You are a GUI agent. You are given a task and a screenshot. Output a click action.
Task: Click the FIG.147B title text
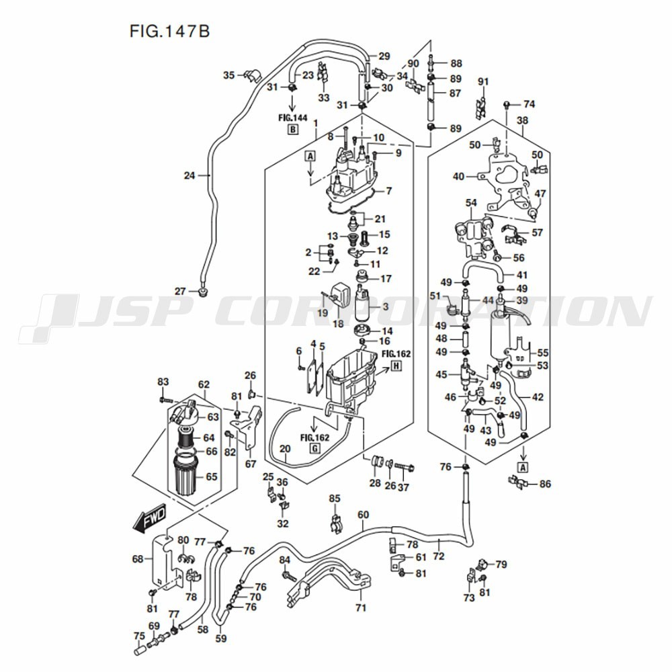click(170, 32)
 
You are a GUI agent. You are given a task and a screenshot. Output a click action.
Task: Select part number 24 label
click(190, 175)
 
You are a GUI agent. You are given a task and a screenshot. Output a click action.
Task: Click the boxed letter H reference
click(396, 366)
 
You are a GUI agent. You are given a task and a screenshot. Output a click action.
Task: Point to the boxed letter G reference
click(315, 449)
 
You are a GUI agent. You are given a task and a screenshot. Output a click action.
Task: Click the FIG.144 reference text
click(293, 118)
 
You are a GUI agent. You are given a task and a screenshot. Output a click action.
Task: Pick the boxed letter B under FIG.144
click(293, 129)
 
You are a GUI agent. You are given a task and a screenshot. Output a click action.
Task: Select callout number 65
click(212, 476)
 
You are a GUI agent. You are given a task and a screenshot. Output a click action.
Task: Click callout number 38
click(522, 120)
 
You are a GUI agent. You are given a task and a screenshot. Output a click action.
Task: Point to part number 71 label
click(362, 607)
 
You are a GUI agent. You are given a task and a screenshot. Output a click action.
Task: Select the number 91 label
click(483, 81)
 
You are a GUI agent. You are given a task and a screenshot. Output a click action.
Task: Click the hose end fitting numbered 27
click(203, 292)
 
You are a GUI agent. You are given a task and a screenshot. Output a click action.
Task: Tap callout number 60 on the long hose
click(363, 515)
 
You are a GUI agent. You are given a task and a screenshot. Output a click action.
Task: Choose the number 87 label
click(456, 93)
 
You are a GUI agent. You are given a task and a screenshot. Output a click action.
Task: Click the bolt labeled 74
click(507, 104)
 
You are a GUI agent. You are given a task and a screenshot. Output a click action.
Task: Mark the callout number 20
click(285, 449)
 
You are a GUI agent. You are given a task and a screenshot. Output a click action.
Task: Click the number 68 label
click(138, 559)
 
